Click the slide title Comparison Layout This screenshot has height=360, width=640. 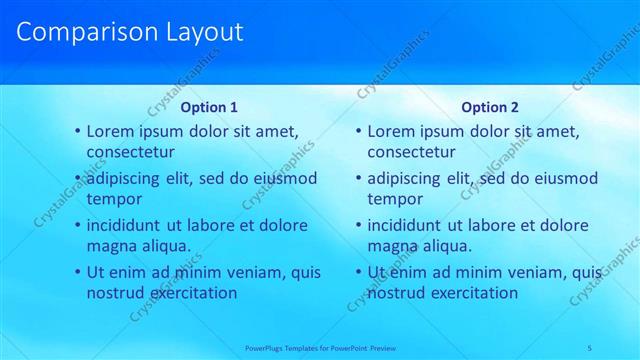tap(130, 32)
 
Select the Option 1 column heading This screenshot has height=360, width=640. tap(209, 107)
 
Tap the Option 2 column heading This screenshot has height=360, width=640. tap(490, 107)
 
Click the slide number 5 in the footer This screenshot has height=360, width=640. tap(590, 347)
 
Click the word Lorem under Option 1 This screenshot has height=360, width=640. tap(110, 131)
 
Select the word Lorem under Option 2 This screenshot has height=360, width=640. tap(391, 131)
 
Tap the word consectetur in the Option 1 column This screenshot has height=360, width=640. tap(131, 153)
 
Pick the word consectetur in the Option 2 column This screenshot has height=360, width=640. tap(412, 153)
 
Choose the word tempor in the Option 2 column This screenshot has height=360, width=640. tap(395, 200)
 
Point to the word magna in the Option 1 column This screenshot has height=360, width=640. tap(110, 247)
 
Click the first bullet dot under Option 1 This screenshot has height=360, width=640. tap(78, 132)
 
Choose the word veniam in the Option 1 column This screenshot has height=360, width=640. tap(244, 272)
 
